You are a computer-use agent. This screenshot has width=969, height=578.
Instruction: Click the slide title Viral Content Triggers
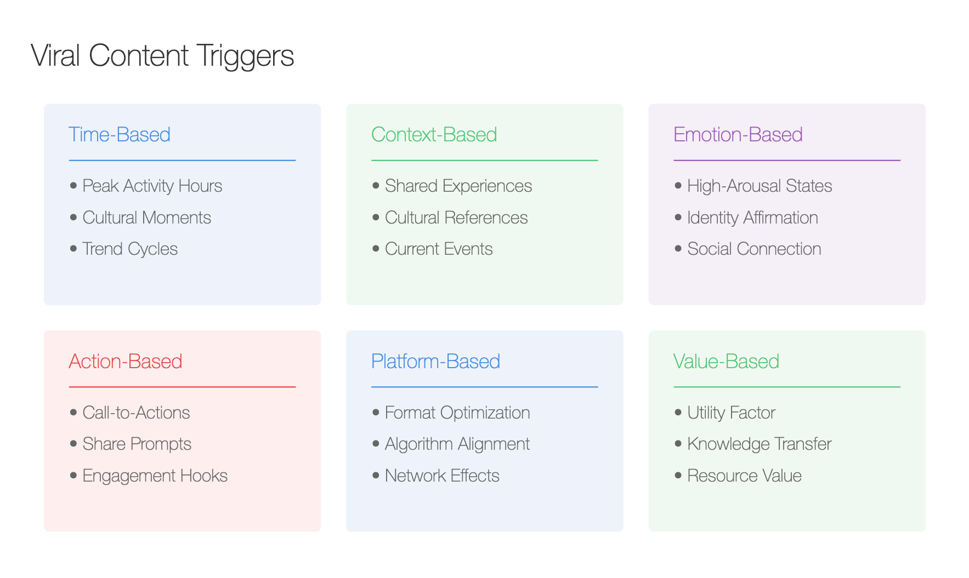pyautogui.click(x=162, y=56)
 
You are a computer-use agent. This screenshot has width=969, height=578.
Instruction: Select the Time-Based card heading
pyautogui.click(x=120, y=134)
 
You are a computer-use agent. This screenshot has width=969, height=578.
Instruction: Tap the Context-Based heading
pyautogui.click(x=434, y=134)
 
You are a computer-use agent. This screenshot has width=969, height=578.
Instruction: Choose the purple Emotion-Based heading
pyautogui.click(x=738, y=134)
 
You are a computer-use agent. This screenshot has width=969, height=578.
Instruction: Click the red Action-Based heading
pyautogui.click(x=126, y=361)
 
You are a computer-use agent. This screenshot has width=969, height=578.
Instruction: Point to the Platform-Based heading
pyautogui.click(x=435, y=361)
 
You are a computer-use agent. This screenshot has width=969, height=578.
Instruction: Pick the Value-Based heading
pyautogui.click(x=726, y=361)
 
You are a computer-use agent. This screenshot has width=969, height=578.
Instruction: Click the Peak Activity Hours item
pyautogui.click(x=152, y=186)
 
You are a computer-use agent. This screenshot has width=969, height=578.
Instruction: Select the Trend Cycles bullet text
pyautogui.click(x=130, y=249)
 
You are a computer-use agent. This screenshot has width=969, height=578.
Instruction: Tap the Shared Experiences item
pyautogui.click(x=458, y=186)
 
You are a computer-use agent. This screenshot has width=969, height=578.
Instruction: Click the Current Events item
pyautogui.click(x=439, y=249)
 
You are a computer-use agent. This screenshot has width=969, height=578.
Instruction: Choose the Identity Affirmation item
pyautogui.click(x=752, y=218)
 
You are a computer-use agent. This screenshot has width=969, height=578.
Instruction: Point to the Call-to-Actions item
pyautogui.click(x=136, y=413)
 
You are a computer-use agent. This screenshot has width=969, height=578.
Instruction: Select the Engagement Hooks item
pyautogui.click(x=155, y=476)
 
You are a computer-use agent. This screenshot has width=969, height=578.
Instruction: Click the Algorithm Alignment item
pyautogui.click(x=457, y=444)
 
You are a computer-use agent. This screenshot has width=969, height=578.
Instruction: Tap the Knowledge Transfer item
pyautogui.click(x=760, y=444)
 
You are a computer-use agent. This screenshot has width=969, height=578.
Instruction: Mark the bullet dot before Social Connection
pyautogui.click(x=678, y=249)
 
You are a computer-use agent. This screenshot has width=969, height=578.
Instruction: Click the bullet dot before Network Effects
pyautogui.click(x=376, y=475)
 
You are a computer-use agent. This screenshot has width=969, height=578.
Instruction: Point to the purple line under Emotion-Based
pyautogui.click(x=787, y=161)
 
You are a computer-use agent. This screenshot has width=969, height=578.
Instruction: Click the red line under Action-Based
pyautogui.click(x=182, y=387)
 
